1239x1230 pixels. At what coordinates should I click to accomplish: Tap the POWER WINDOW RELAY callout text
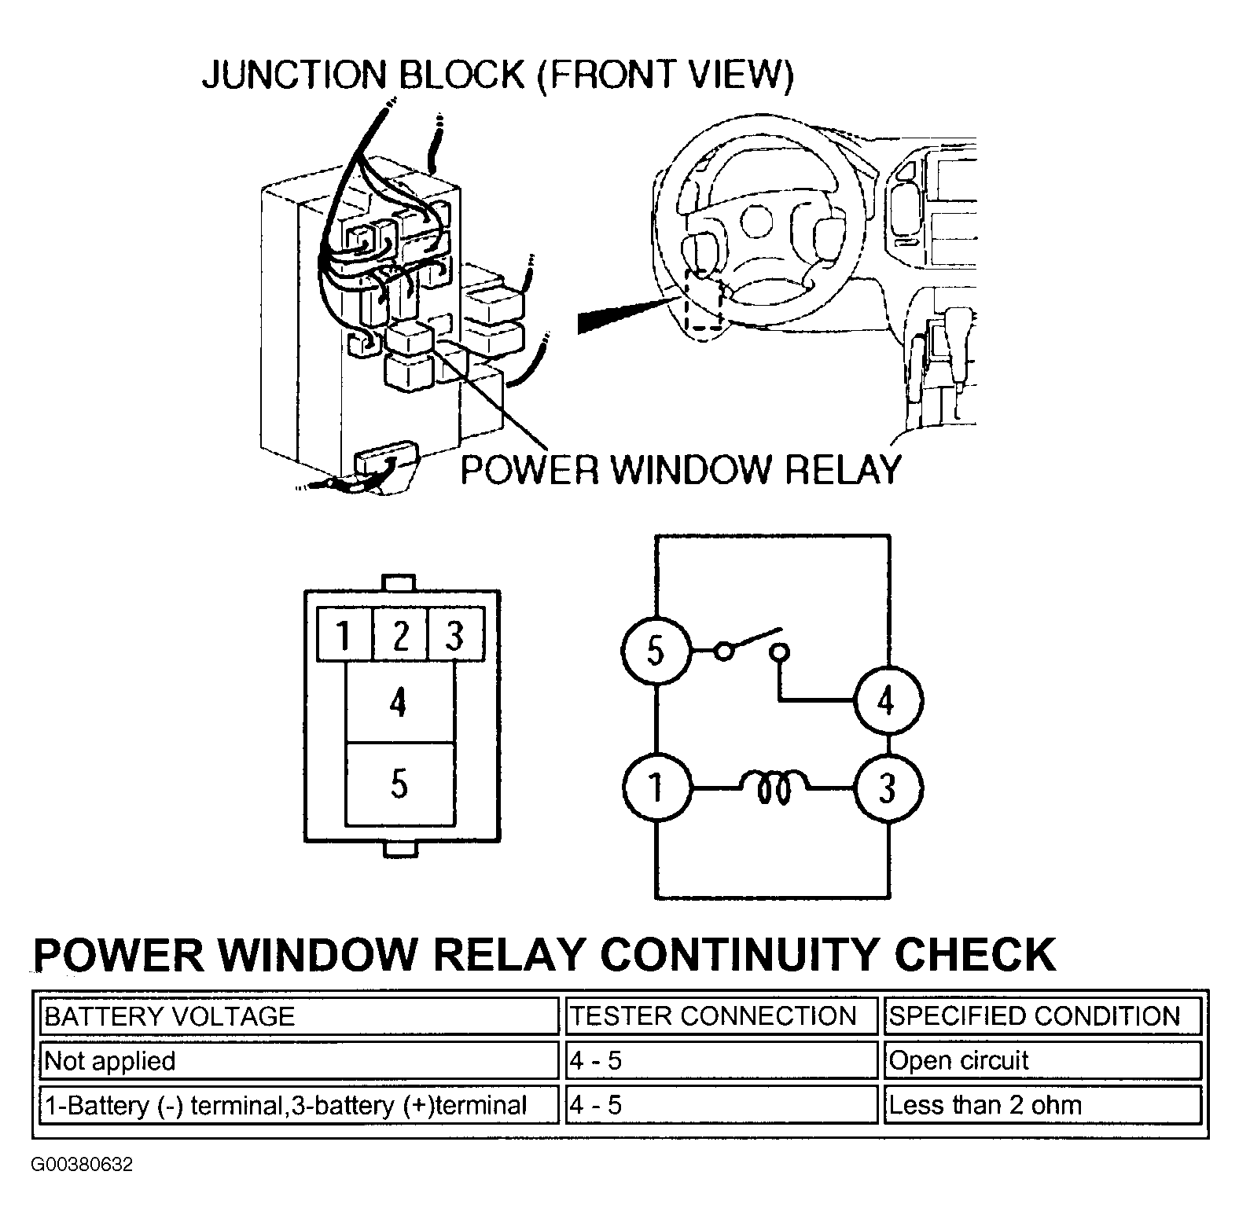[x=681, y=469]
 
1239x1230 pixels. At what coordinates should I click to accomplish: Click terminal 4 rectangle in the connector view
[x=400, y=702]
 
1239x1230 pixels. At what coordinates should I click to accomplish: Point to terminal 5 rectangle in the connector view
[x=400, y=784]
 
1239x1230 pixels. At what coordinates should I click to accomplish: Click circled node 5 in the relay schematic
[x=656, y=651]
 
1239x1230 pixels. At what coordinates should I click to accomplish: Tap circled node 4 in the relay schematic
[x=888, y=699]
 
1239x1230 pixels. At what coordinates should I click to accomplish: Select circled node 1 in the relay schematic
[x=656, y=787]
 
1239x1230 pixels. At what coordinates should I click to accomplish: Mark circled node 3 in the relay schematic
[x=888, y=787]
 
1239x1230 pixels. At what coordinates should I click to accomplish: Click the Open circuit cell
[x=1042, y=1061]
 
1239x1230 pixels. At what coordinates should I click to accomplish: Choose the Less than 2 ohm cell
[x=1042, y=1105]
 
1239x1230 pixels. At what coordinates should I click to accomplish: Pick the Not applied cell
[x=299, y=1061]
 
